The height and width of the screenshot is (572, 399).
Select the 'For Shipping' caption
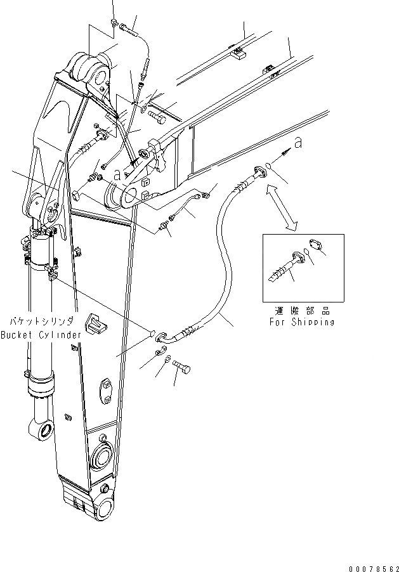click(301, 322)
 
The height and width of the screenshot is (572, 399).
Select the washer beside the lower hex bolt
click(166, 360)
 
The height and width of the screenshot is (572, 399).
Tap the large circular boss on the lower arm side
click(102, 457)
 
